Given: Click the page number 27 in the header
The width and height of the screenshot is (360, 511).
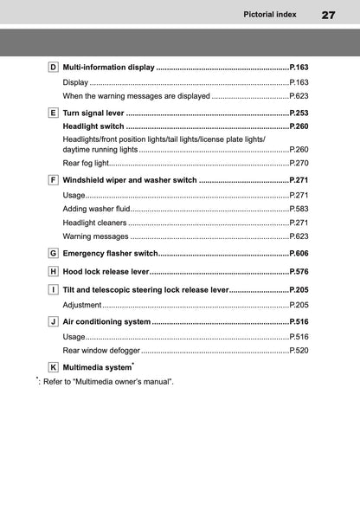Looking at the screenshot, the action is coord(328,15).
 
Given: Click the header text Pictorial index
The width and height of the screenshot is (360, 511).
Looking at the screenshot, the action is coord(270,15).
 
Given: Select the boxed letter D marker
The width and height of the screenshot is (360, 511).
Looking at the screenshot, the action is coord(53,67).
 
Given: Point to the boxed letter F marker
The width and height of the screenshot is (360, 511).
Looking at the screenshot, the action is coord(53,180).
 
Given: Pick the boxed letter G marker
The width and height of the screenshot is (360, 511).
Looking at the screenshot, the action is coord(53,253).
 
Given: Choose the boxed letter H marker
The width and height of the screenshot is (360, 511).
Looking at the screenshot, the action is coord(53,271).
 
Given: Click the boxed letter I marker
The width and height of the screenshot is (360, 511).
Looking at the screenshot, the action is coord(53,289).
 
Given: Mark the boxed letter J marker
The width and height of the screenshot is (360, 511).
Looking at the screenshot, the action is coord(53,321).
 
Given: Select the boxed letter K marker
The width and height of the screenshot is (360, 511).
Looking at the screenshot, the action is coord(53,367).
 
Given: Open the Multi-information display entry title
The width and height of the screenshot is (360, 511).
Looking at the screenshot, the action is coord(108,67).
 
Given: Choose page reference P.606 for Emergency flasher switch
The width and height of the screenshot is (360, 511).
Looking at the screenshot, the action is coord(299,253).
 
